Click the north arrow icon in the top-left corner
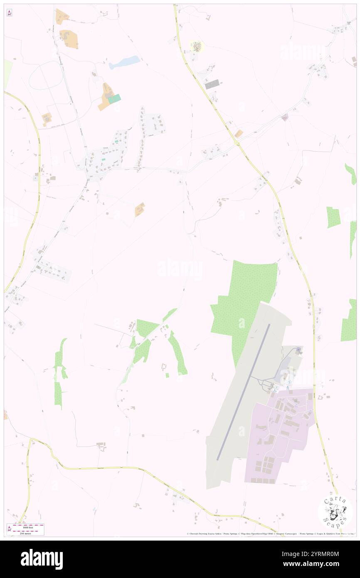(x=10, y=12)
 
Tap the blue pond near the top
(x=124, y=62)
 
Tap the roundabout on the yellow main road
(x=237, y=143)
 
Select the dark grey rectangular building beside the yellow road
(x=212, y=84)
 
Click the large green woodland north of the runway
(x=245, y=299)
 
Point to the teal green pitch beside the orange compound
(x=114, y=99)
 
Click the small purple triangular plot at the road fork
(x=285, y=118)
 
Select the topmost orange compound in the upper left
(x=62, y=16)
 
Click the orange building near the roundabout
(x=239, y=133)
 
